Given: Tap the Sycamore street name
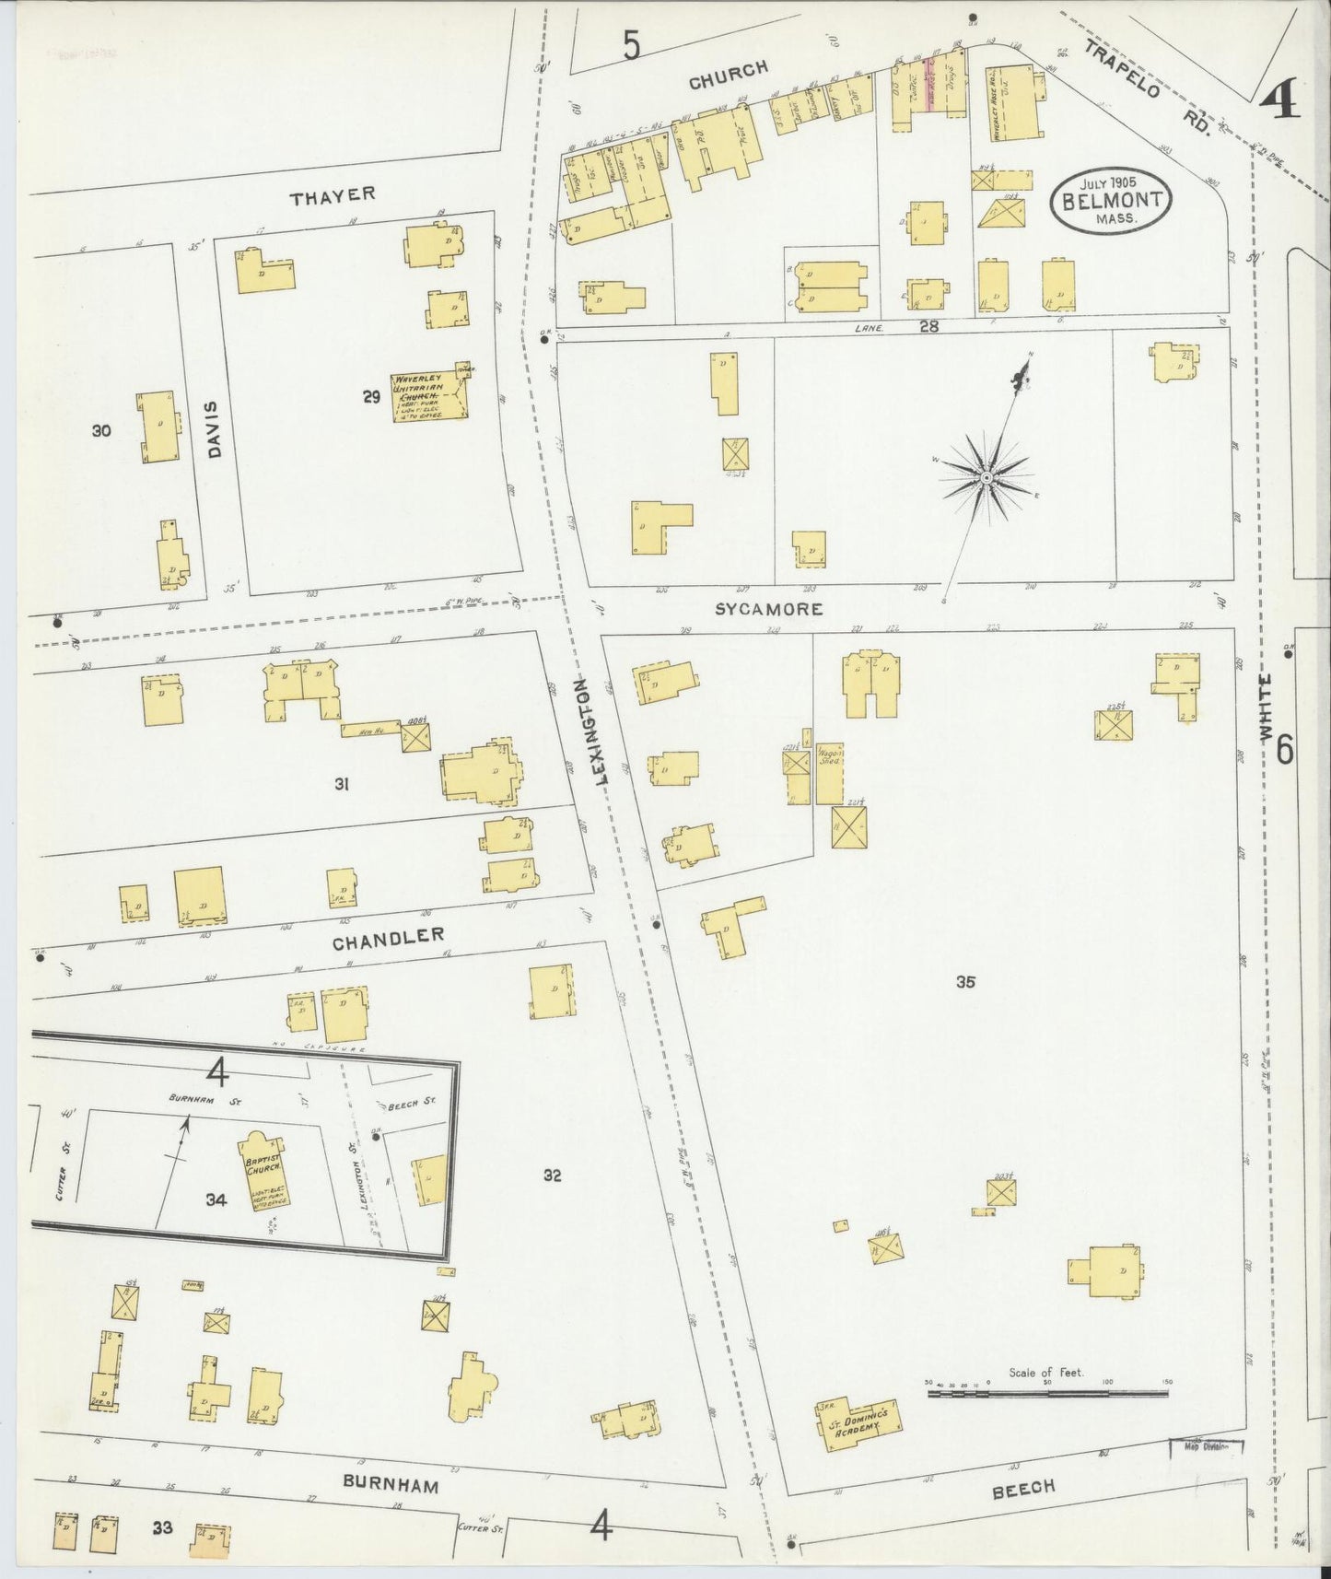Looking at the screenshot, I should click(768, 609).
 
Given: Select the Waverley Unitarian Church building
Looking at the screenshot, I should click(428, 397).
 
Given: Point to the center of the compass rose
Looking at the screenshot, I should click(986, 477).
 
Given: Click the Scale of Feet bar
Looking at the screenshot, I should click(1046, 1393).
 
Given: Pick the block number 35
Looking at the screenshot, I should click(964, 982).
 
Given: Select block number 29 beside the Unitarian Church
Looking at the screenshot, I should click(371, 397).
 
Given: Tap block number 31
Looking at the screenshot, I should click(342, 784).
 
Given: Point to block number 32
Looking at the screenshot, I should click(552, 1175).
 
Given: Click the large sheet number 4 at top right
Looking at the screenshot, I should click(1278, 100).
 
